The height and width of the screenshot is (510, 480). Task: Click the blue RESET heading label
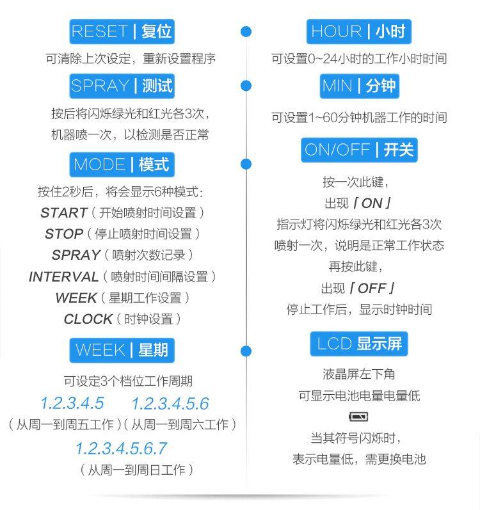(122, 31)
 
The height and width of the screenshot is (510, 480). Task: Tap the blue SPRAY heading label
(122, 85)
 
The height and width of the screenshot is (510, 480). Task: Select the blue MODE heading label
(122, 164)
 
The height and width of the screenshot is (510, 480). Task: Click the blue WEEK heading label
(122, 350)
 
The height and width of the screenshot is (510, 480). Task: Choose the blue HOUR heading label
(358, 31)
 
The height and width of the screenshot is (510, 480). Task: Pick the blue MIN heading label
(358, 85)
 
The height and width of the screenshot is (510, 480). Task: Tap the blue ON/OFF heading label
(358, 150)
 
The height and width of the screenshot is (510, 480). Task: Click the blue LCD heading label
(358, 344)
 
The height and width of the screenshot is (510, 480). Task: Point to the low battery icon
(358, 417)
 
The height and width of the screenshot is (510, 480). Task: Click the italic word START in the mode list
(63, 212)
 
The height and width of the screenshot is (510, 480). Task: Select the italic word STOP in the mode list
(64, 234)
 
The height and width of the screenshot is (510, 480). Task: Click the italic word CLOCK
(88, 319)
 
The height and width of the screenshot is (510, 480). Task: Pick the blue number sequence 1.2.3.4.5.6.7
(121, 448)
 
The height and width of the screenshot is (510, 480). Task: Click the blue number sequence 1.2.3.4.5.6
(170, 404)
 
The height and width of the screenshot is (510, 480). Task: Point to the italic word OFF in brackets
(372, 288)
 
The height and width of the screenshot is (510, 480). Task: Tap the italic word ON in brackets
(371, 203)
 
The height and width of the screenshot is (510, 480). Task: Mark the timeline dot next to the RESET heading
(246, 31)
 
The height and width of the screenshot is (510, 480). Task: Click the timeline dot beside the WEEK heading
(246, 350)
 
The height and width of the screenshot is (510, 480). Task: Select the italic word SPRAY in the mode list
(76, 255)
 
